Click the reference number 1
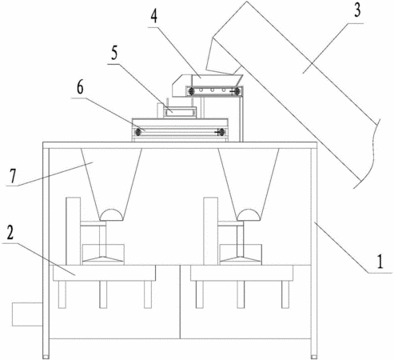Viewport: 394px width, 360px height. pyautogui.click(x=380, y=262)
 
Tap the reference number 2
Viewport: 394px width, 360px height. pyautogui.click(x=10, y=233)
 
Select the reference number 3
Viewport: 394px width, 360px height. pyautogui.click(x=357, y=10)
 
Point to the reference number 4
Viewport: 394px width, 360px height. pyautogui.click(x=154, y=16)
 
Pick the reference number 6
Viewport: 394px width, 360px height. pyautogui.click(x=80, y=87)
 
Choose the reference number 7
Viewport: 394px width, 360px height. pyautogui.click(x=13, y=176)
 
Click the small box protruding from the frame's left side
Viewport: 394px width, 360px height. pyautogui.click(x=27, y=314)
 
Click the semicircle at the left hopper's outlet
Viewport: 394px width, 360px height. pyautogui.click(x=111, y=215)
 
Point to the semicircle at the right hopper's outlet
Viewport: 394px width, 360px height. pyautogui.click(x=249, y=215)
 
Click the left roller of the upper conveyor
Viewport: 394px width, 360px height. pyautogui.click(x=191, y=92)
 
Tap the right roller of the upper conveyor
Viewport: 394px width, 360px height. pyautogui.click(x=237, y=92)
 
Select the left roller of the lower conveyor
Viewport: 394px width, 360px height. pyautogui.click(x=138, y=132)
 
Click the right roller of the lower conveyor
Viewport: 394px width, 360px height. pyautogui.click(x=221, y=132)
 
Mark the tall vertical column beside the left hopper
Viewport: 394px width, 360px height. pyautogui.click(x=73, y=231)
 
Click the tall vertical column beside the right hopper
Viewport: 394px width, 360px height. pyautogui.click(x=211, y=231)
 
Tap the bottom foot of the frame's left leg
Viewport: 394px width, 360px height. pyautogui.click(x=46, y=357)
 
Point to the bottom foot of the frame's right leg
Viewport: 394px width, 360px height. pyautogui.click(x=314, y=357)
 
